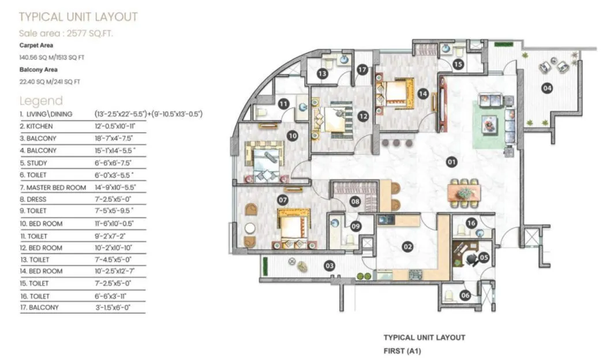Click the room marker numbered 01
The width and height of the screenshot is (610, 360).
[451, 162]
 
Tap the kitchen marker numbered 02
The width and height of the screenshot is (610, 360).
[407, 247]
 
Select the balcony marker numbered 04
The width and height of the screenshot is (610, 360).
[547, 88]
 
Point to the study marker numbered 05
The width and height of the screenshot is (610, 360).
[484, 258]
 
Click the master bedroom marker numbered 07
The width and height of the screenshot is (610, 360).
[283, 200]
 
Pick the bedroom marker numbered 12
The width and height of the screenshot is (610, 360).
[362, 116]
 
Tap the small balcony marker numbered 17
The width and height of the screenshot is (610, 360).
[362, 70]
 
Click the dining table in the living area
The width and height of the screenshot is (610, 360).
[464, 193]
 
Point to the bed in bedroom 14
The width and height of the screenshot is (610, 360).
[395, 92]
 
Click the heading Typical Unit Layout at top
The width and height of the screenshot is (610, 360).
[78, 17]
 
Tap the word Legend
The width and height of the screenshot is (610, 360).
[41, 101]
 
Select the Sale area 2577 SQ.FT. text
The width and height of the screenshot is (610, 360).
[66, 33]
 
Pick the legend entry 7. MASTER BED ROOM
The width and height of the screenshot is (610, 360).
[53, 187]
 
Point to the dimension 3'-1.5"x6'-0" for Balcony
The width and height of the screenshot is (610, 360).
[113, 307]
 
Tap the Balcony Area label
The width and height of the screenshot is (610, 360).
[39, 69]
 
